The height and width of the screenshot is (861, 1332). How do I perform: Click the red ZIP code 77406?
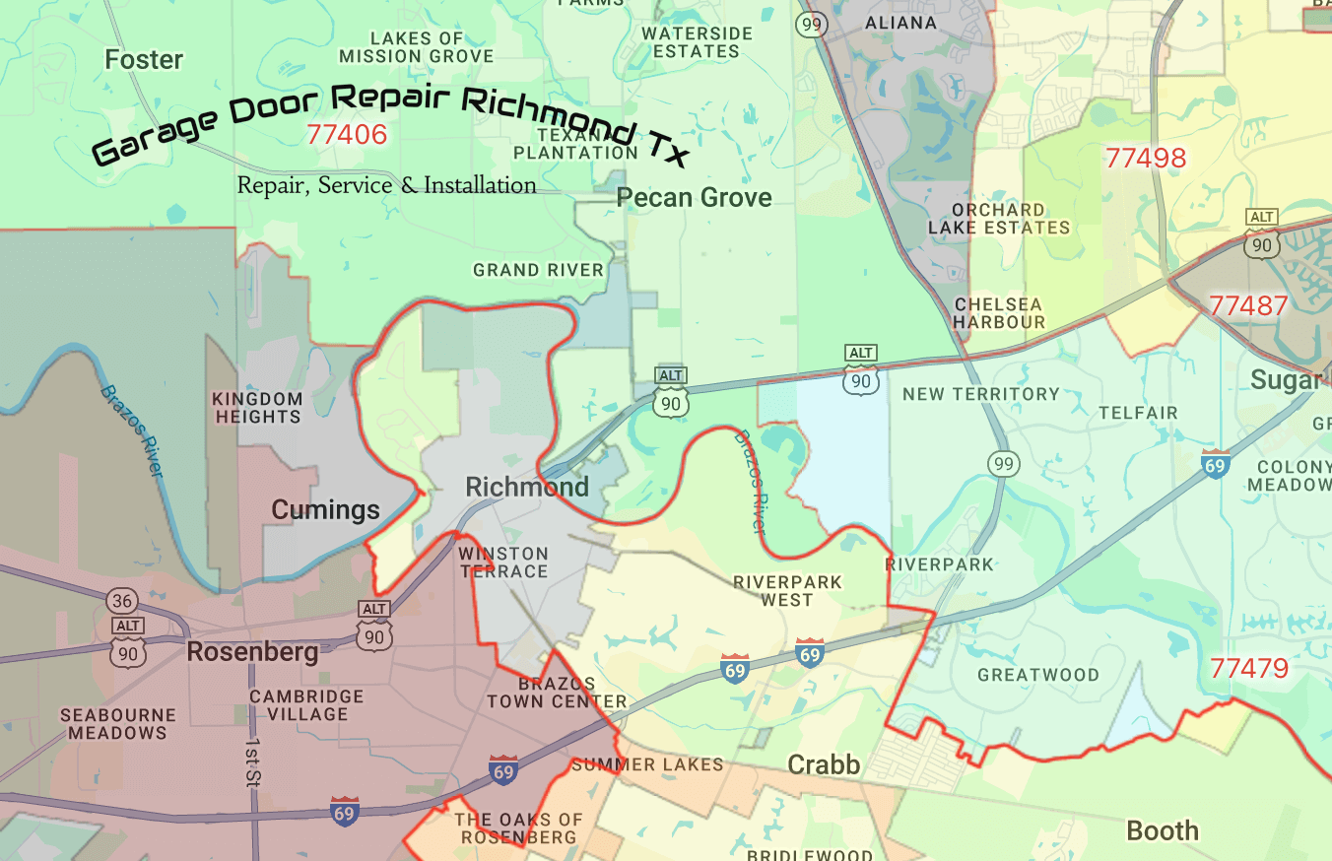(347, 134)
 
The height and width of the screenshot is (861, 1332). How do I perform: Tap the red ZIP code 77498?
(1145, 158)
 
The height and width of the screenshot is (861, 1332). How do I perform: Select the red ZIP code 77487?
(1248, 305)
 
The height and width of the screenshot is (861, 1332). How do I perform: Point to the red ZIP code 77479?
(1249, 669)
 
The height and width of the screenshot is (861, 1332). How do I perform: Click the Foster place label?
(144, 60)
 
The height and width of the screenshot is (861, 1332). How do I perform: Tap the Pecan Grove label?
(694, 198)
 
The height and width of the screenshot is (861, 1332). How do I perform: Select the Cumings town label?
(325, 509)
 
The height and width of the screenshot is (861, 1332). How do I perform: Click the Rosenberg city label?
(252, 652)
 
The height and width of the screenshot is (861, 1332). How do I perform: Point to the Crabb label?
(824, 764)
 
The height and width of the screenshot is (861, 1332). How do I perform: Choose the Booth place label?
(1163, 830)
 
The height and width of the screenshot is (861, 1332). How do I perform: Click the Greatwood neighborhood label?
(1038, 675)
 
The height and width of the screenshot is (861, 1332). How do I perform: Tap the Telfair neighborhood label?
(1139, 413)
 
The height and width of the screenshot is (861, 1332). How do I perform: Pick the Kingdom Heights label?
(257, 408)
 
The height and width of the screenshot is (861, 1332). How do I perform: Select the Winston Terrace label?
(503, 563)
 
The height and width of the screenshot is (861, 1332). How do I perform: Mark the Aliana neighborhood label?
(899, 22)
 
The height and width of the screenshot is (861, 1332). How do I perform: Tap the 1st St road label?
(252, 762)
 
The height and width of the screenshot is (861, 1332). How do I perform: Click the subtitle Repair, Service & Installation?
(387, 185)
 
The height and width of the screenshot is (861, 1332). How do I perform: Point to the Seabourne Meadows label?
(118, 724)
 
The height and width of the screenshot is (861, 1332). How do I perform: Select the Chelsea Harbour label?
(999, 313)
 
